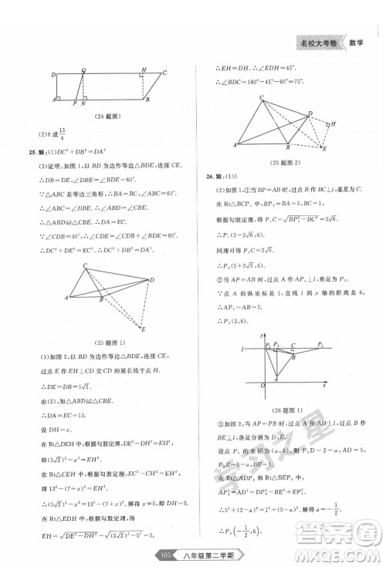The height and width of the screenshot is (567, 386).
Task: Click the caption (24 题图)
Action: [x=109, y=116]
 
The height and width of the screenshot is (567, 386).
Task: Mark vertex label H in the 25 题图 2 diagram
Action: [x=333, y=123]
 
